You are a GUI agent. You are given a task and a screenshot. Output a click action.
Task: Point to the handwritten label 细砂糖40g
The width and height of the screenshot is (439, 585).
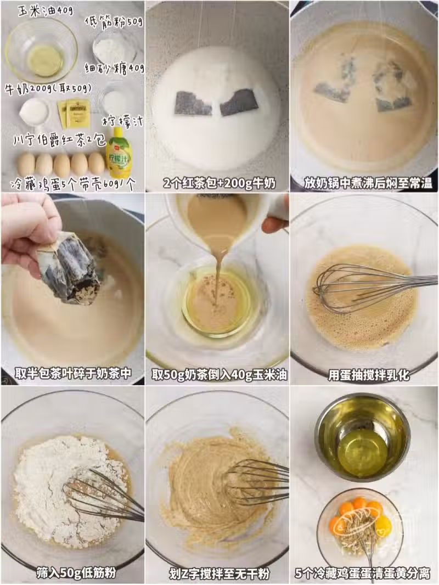tap(114, 68)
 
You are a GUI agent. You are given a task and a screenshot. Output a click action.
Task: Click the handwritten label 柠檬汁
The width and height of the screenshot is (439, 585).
tap(122, 121)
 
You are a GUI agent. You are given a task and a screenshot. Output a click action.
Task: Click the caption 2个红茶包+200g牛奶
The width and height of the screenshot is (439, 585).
tap(219, 183)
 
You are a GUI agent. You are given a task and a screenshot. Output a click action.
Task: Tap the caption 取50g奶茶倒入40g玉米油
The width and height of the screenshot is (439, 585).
tap(219, 374)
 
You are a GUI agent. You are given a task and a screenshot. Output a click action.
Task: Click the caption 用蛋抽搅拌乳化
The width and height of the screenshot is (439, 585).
tap(368, 375)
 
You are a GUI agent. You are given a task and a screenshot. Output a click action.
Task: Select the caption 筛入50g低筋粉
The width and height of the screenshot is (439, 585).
tap(76, 572)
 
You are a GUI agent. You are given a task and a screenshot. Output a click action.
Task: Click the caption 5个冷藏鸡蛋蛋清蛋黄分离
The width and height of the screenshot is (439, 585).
tap(363, 573)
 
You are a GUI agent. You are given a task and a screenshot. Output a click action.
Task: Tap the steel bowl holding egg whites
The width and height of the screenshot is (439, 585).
tap(363, 437)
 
